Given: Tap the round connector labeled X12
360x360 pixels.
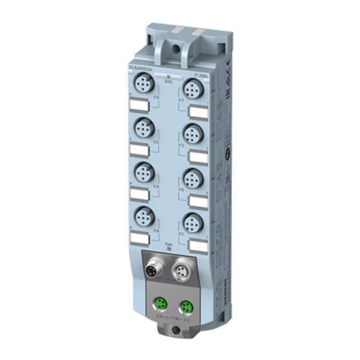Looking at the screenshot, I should click(142, 127).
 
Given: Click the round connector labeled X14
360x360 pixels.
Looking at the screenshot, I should click(142, 171).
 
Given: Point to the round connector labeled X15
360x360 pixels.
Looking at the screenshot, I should click(191, 177).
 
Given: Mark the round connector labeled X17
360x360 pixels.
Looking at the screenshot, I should click(191, 222).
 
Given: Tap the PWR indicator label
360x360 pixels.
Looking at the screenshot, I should click(167, 245).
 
